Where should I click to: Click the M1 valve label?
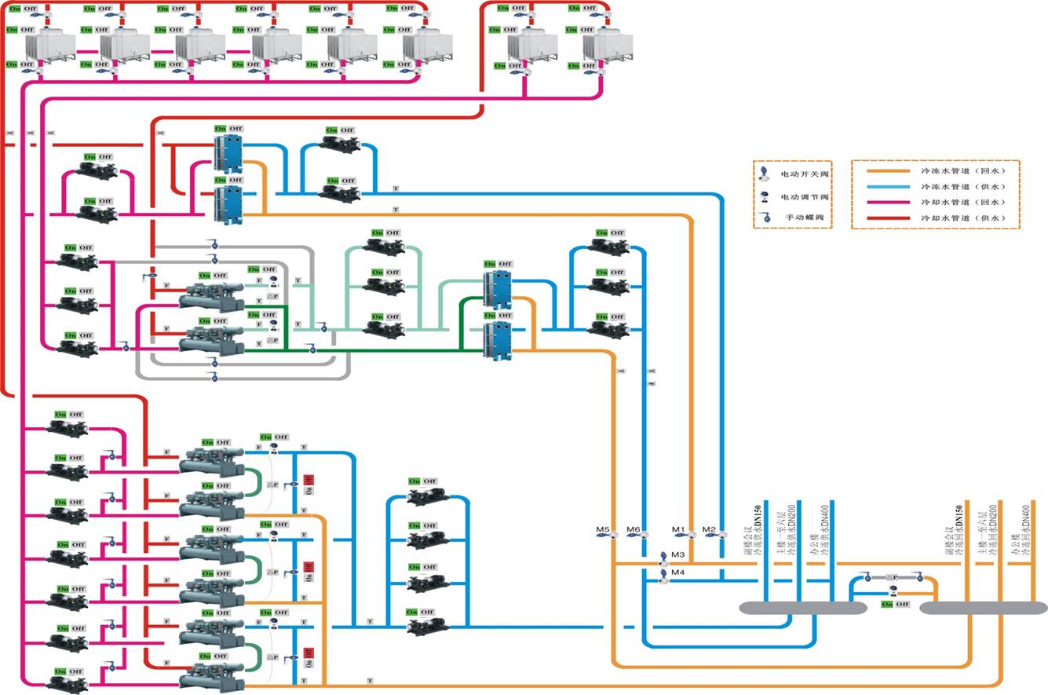[679, 529]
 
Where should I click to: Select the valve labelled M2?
[709, 529]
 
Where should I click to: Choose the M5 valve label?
[602, 529]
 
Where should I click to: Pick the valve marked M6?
[634, 529]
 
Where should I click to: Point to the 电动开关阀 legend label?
[805, 174]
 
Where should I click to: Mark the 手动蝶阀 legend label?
[805, 217]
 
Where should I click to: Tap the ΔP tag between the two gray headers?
[892, 578]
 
